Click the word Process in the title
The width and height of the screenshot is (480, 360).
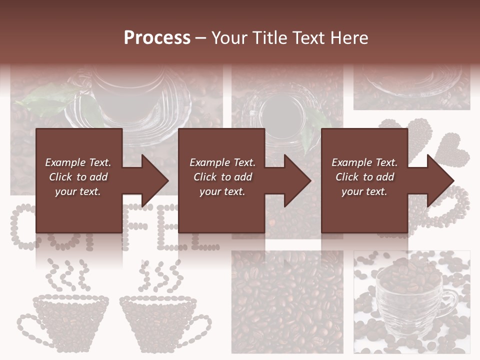[157, 37]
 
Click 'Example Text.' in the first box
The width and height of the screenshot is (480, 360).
[78, 162]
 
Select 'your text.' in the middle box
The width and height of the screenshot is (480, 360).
[222, 191]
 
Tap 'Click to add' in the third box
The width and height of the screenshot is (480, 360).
[364, 177]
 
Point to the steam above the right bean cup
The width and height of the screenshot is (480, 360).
[160, 275]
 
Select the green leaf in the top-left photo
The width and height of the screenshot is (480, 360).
[47, 100]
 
